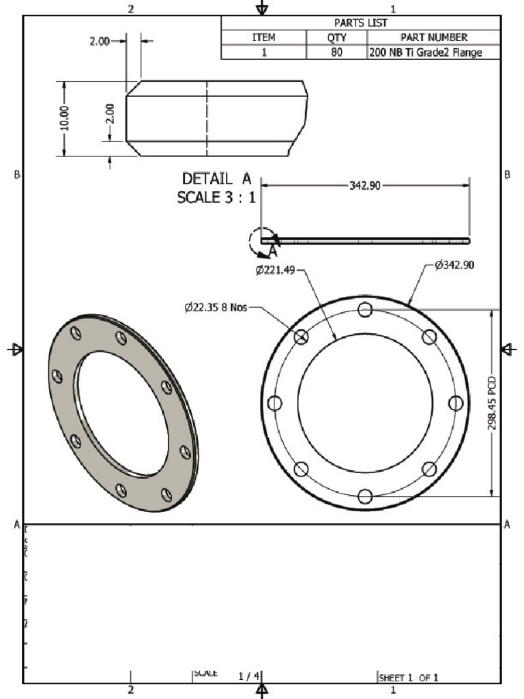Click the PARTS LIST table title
(360, 23)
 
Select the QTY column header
(337, 38)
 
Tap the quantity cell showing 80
(337, 52)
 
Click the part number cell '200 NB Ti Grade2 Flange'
(433, 52)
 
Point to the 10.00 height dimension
(65, 118)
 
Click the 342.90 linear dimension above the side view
(365, 186)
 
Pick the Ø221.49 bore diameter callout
(276, 270)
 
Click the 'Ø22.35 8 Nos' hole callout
(215, 308)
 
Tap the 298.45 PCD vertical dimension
(492, 403)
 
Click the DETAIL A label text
(216, 179)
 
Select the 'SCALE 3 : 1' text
(216, 198)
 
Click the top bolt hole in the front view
(365, 310)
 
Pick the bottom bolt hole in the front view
(365, 496)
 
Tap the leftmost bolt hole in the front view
(275, 403)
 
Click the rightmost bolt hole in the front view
(455, 403)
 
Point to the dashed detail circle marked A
(261, 240)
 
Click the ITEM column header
(263, 38)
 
